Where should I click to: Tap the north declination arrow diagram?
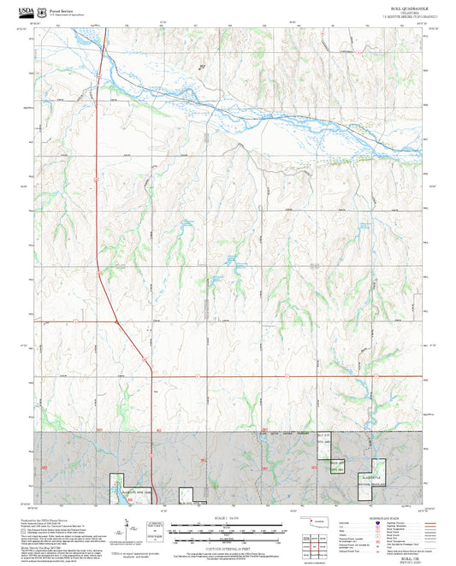tap(127, 528)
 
